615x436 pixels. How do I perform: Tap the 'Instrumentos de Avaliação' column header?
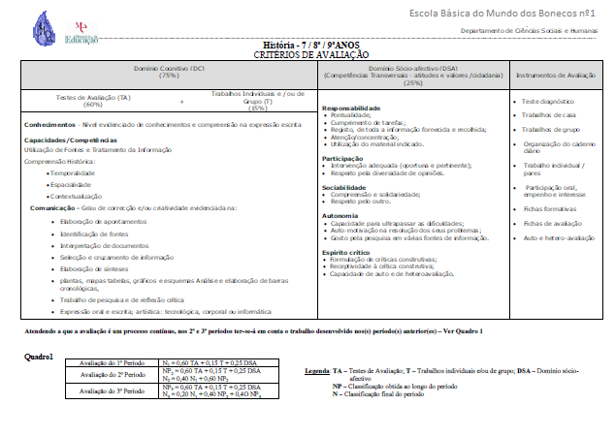(555, 75)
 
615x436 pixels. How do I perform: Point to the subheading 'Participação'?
(342, 158)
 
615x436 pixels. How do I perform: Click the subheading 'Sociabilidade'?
(344, 186)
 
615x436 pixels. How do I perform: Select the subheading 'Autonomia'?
(340, 214)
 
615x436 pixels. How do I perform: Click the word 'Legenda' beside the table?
(317, 370)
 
